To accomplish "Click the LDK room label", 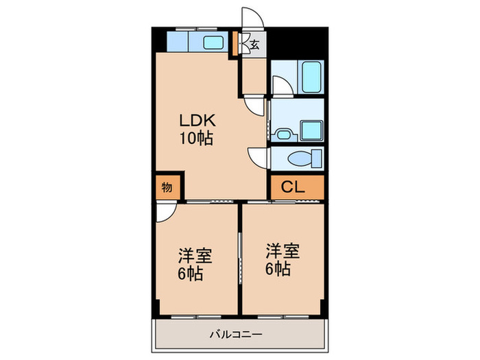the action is click(197, 120).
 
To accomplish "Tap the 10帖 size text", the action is click(196, 139).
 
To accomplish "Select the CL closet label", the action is click(293, 187).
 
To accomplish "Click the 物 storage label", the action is click(167, 187).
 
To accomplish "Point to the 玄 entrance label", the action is click(255, 45).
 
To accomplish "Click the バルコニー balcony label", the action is click(236, 334).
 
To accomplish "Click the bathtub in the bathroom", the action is click(311, 77).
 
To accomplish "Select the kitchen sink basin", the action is click(213, 43).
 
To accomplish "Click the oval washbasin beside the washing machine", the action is click(284, 134).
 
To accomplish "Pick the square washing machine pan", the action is click(311, 131).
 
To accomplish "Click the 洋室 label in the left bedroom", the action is click(195, 256).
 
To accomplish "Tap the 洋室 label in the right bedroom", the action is click(283, 251).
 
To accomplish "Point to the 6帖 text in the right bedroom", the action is click(278, 269).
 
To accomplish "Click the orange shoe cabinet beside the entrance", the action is click(235, 43).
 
